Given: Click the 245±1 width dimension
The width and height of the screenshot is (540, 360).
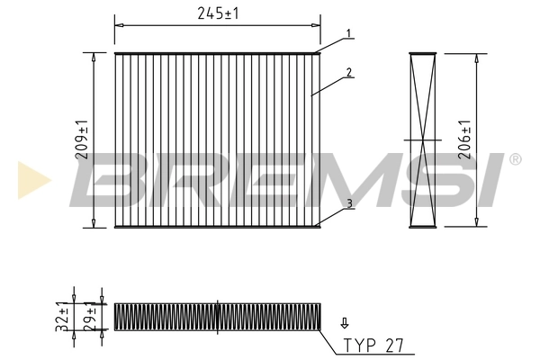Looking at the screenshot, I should tap(217, 13).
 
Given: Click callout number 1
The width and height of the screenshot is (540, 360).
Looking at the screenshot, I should tap(348, 35).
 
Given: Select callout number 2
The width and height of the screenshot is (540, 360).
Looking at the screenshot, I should tap(348, 73).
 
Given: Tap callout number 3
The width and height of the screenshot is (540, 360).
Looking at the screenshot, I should tap(348, 204).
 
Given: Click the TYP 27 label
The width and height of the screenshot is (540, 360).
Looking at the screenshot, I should tap(367, 345).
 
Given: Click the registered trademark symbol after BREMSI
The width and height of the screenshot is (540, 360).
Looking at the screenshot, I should tap(515, 159).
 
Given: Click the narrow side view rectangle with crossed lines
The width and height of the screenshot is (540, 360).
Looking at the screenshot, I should tap(422, 139).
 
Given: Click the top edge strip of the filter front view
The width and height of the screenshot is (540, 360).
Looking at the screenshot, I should tap(217, 53).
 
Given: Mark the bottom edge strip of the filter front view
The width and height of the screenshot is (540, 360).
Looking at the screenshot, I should tap(217, 226).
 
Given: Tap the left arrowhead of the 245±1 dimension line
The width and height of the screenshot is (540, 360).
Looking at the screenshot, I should tap(118, 24).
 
